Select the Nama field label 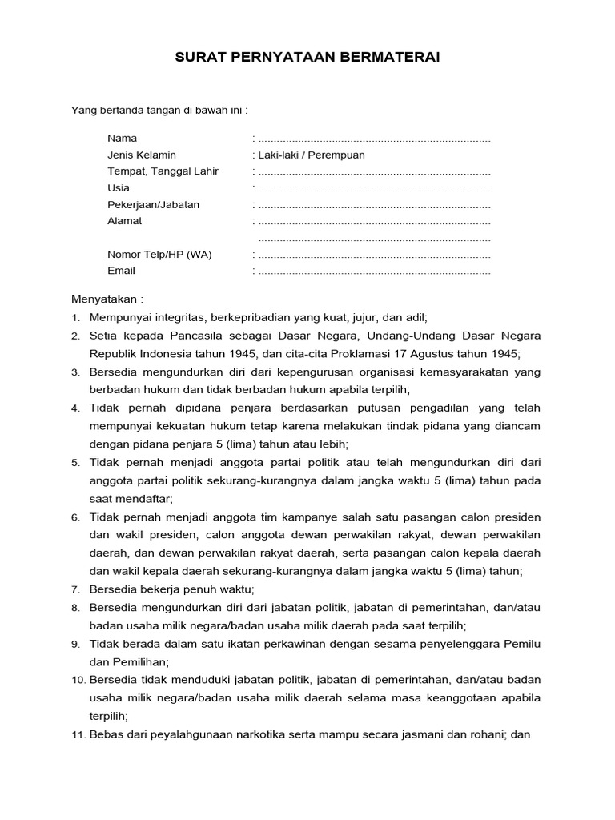[x=122, y=139]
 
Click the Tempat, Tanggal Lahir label [x=163, y=171]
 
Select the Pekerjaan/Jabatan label [x=153, y=204]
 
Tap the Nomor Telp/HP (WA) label [x=159, y=255]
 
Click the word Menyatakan [x=105, y=299]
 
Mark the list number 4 [x=75, y=408]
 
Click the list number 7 [x=75, y=589]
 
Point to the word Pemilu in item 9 [x=524, y=644]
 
